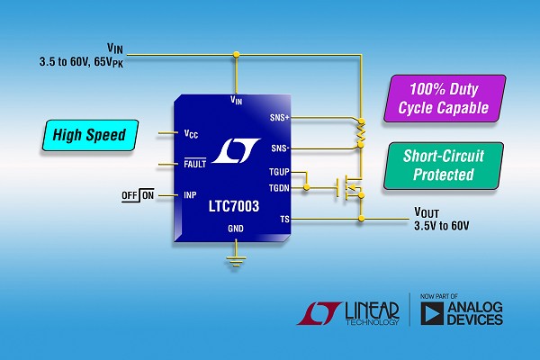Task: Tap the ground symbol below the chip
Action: click(x=235, y=262)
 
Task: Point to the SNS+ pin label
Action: click(x=279, y=117)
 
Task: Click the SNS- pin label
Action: click(x=278, y=148)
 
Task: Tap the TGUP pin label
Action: click(x=278, y=171)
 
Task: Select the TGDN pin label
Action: click(x=278, y=187)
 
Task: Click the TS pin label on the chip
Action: click(x=284, y=218)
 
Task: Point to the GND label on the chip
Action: click(x=235, y=229)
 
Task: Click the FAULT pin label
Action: click(x=193, y=164)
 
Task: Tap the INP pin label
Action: click(x=189, y=194)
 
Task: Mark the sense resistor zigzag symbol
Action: click(x=360, y=132)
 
